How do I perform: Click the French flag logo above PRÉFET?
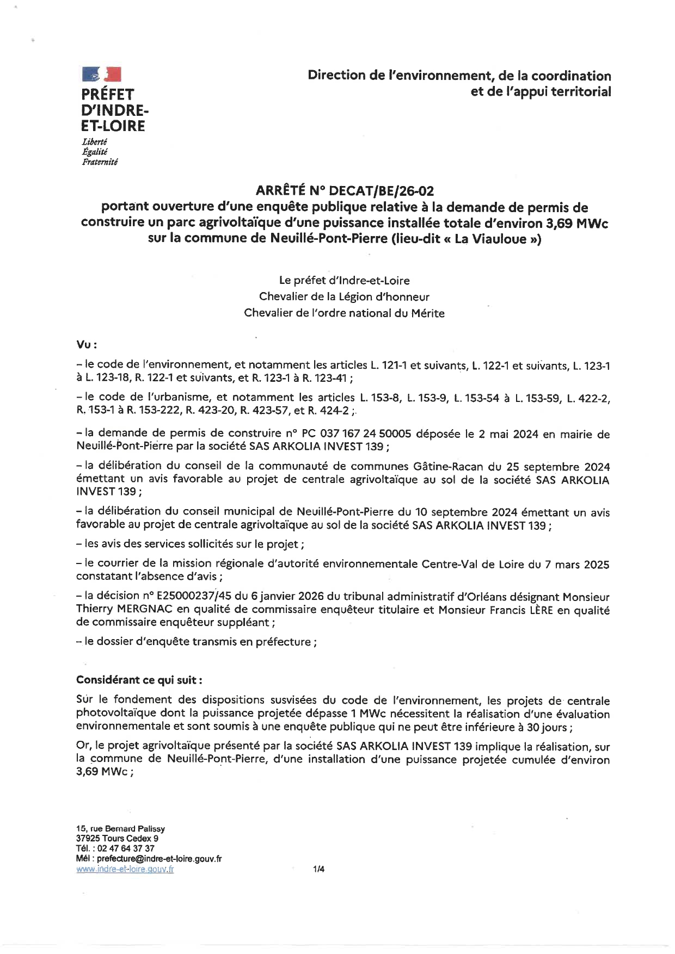click(x=101, y=75)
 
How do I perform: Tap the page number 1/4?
click(x=318, y=869)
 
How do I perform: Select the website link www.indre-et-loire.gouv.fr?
click(x=125, y=869)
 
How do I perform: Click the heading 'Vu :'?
click(x=87, y=345)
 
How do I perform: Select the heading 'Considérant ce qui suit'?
click(x=139, y=680)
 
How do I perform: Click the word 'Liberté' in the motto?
click(x=94, y=141)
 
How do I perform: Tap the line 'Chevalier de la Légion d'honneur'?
click(x=344, y=297)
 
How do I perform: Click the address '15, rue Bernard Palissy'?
click(x=120, y=828)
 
